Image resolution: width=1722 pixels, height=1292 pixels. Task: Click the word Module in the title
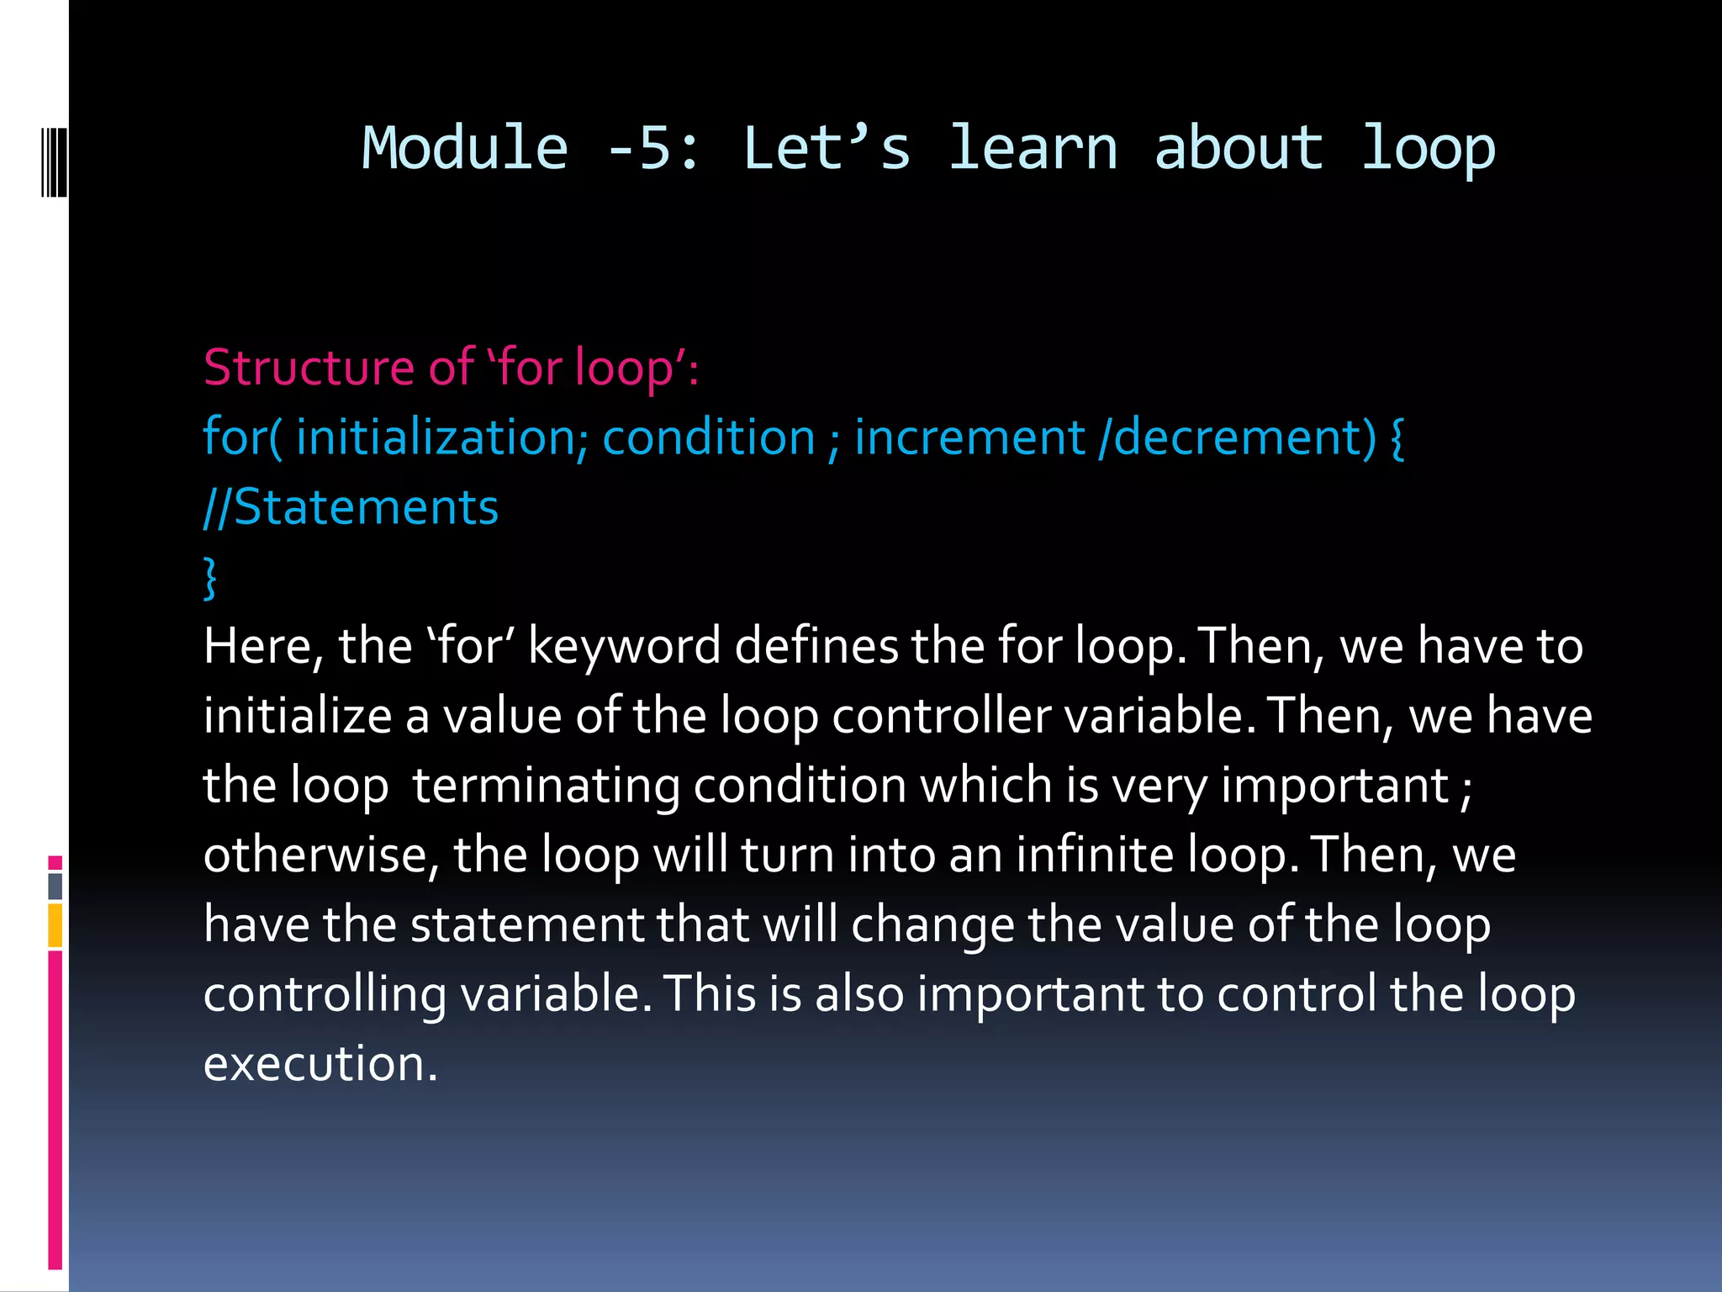pos(465,148)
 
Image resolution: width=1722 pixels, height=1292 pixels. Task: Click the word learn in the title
pos(1033,148)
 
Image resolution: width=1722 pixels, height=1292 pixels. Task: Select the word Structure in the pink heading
pos(309,368)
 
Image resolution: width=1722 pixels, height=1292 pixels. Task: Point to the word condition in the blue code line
pos(709,437)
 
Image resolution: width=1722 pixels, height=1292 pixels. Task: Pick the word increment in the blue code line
pos(969,437)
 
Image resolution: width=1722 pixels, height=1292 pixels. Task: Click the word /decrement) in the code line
pos(1238,437)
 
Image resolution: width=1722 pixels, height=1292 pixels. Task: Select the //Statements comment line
pos(351,508)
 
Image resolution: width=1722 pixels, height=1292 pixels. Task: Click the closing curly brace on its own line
pos(210,578)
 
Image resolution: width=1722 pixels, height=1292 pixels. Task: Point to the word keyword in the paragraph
pos(625,647)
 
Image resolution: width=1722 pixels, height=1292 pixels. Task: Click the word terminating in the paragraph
pos(546,786)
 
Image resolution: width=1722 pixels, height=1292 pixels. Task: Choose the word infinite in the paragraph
pos(1095,855)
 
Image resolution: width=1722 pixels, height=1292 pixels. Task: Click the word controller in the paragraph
pos(942,717)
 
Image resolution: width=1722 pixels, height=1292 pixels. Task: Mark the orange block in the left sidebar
pos(55,925)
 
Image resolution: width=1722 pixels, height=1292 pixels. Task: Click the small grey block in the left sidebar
pos(55,886)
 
